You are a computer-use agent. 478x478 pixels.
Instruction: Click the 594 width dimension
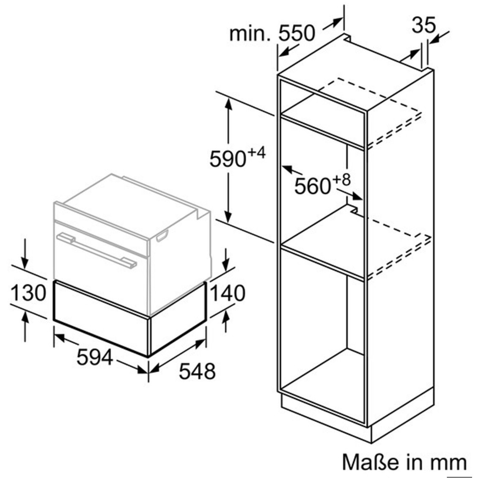coord(95,357)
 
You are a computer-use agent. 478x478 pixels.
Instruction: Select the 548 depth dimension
coord(197,371)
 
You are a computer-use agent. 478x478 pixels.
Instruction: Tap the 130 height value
coord(28,293)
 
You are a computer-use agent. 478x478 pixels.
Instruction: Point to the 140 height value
coord(228,293)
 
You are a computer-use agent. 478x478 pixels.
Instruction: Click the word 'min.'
coord(250,33)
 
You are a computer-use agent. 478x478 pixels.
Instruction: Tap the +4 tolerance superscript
coord(257,152)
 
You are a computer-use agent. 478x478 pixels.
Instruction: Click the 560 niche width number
coord(313,186)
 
